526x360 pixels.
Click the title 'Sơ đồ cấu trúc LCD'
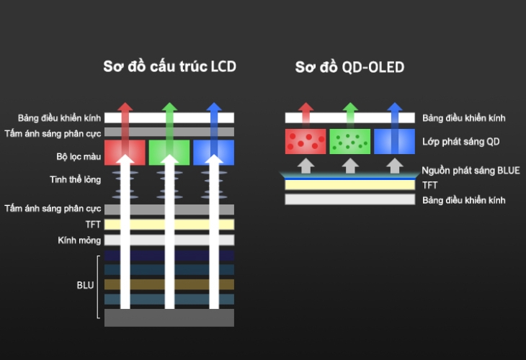[x=169, y=68]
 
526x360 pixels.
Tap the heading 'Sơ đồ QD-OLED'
[x=349, y=68]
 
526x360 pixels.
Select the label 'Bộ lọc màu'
[x=79, y=156]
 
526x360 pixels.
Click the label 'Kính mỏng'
[x=79, y=240]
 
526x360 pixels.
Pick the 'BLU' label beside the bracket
[x=86, y=285]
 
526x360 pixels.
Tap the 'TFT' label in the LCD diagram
[x=93, y=225]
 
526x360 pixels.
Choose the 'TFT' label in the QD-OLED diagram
[x=430, y=185]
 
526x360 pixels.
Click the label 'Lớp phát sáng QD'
[x=461, y=142]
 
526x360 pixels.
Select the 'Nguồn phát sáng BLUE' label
[x=471, y=171]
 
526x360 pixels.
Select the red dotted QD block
[x=306, y=141]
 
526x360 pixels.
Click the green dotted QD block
[x=349, y=141]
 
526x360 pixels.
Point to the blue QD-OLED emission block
[x=393, y=141]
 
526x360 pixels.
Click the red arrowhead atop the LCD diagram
[x=125, y=109]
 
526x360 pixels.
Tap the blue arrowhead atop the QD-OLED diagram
[x=393, y=109]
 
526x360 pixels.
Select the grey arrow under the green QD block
[x=349, y=166]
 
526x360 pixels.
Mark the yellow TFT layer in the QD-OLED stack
[x=349, y=185]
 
